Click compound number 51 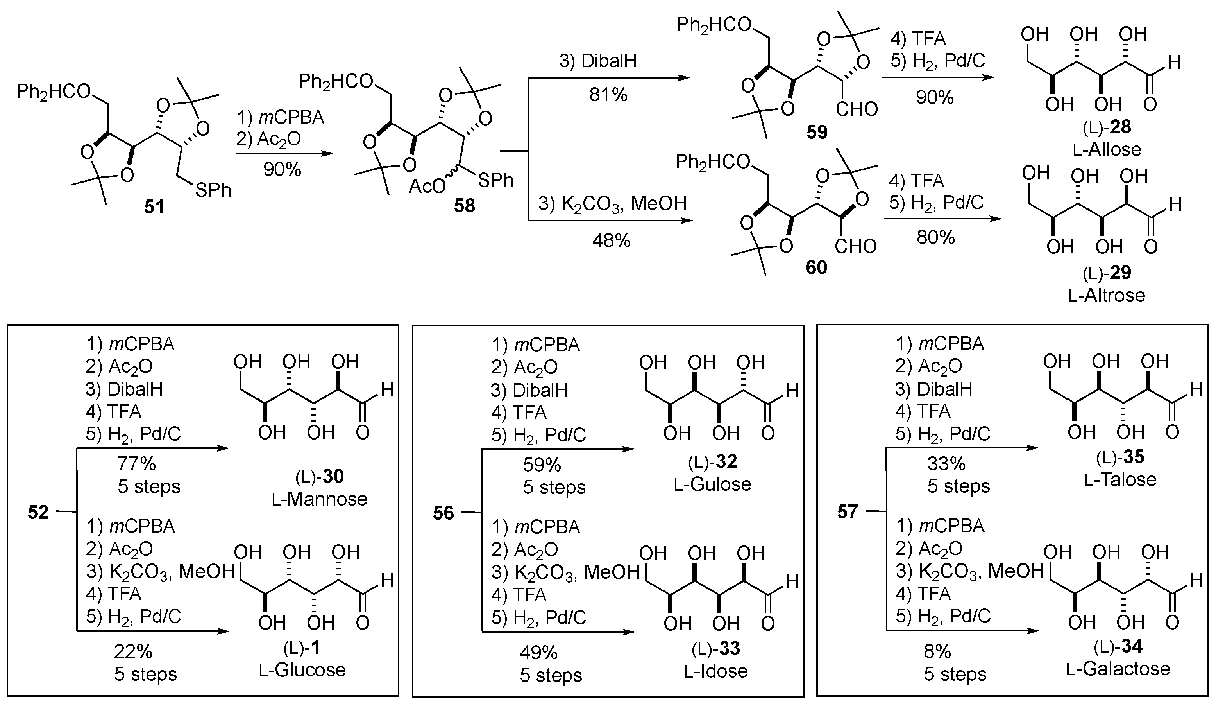click(x=154, y=207)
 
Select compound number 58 click(x=464, y=206)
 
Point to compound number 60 click(x=816, y=267)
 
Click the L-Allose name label click(x=1107, y=149)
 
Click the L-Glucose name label click(x=302, y=670)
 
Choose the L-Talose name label click(x=1120, y=479)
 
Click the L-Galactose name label click(x=1118, y=668)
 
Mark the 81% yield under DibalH click(x=608, y=95)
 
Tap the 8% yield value click(x=937, y=651)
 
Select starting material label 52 click(x=38, y=512)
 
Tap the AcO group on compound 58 click(x=427, y=186)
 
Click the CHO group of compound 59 click(x=857, y=109)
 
